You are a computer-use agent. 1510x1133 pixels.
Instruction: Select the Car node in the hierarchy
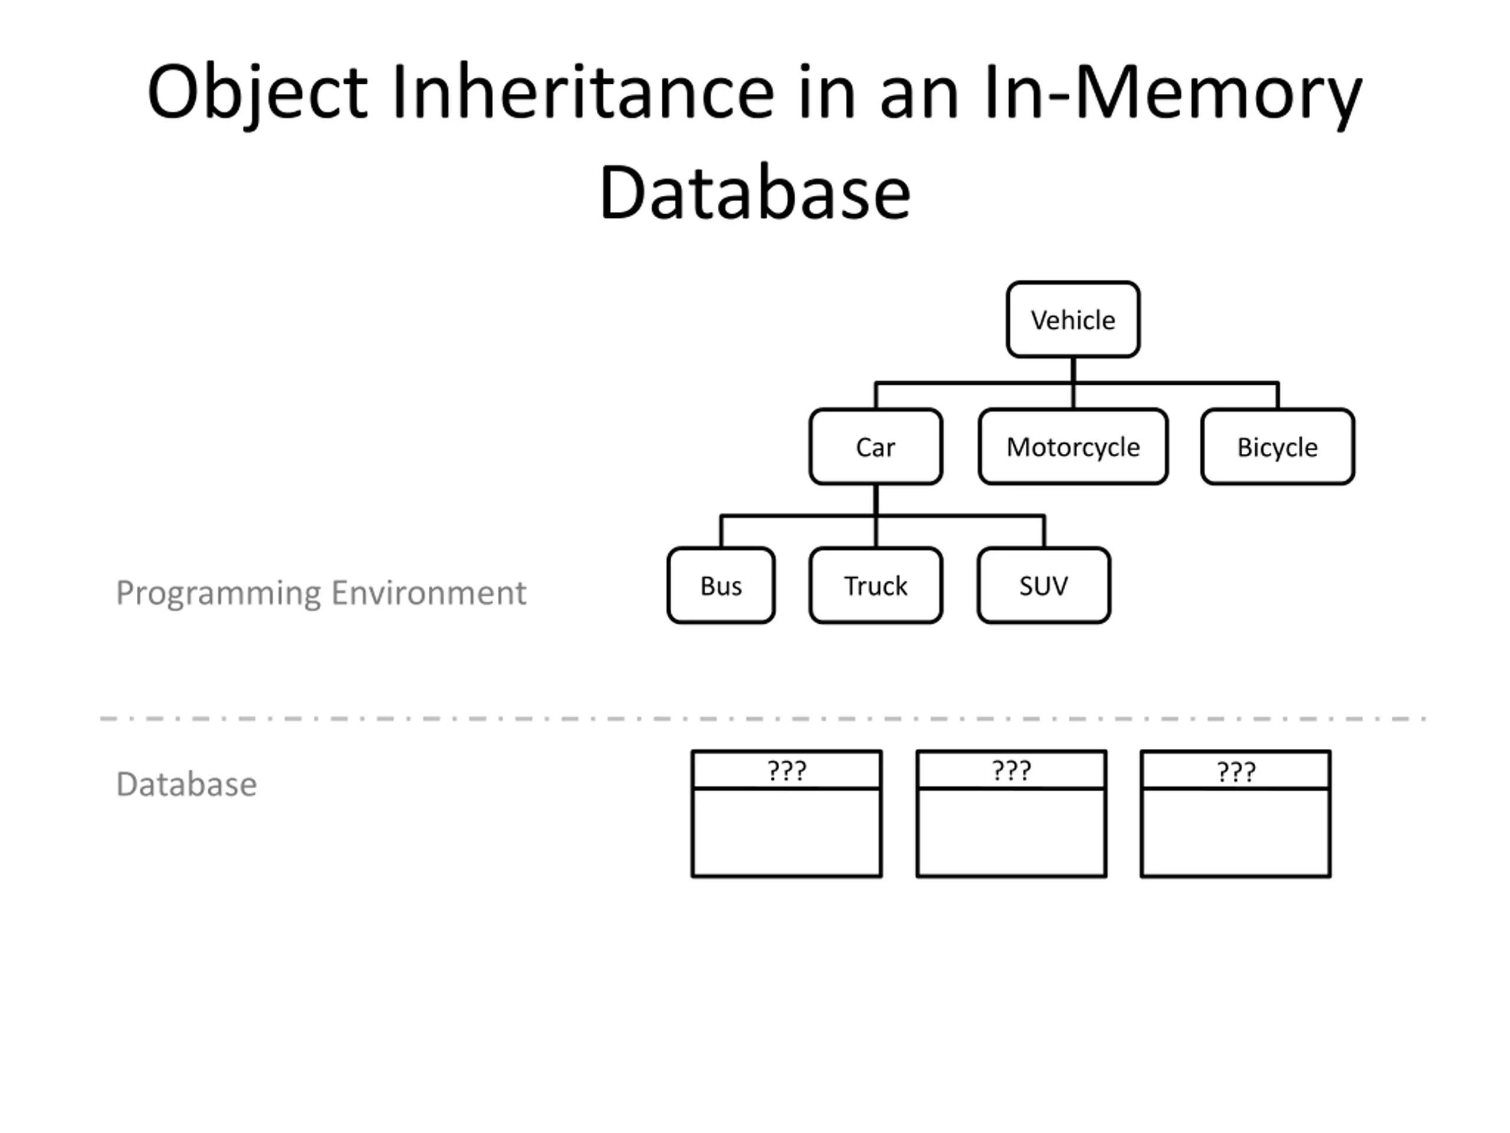point(876,447)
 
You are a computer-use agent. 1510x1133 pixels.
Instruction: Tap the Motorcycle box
point(1073,447)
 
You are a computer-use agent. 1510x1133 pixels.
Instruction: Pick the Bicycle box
point(1277,447)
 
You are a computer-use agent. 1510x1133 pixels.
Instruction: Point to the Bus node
point(721,585)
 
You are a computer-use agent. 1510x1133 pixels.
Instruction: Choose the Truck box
point(876,585)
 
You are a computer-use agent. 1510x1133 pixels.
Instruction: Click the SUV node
point(1044,585)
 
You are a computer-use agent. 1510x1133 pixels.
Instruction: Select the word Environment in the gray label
point(429,591)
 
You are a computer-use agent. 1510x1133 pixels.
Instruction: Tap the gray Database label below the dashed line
point(186,783)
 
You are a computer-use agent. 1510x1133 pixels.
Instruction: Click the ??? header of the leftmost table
point(786,770)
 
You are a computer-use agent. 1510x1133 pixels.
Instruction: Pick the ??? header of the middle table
point(1011,770)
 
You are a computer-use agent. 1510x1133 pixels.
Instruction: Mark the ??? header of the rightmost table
point(1236,770)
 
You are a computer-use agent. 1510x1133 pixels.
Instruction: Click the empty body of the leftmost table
point(786,833)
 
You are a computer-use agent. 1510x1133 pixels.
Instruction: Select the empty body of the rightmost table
point(1236,833)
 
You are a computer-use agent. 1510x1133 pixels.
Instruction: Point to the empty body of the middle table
point(1011,833)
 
